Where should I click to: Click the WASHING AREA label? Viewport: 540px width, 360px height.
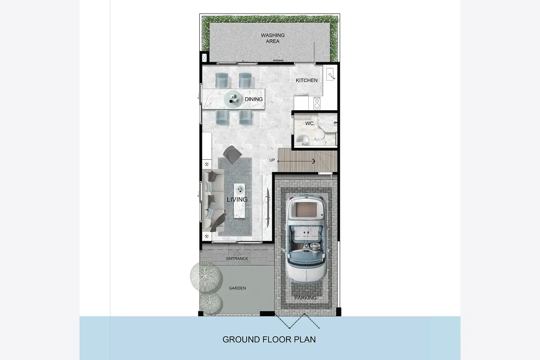pyautogui.click(x=273, y=38)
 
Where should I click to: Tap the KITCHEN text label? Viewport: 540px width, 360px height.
pyautogui.click(x=306, y=80)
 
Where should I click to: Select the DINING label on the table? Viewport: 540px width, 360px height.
pyautogui.click(x=254, y=99)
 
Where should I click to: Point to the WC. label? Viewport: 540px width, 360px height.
pyautogui.click(x=310, y=123)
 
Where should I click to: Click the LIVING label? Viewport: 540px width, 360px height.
pyautogui.click(x=237, y=199)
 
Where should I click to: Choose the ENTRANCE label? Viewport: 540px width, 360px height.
pyautogui.click(x=237, y=258)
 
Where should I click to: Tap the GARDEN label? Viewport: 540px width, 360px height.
pyautogui.click(x=237, y=288)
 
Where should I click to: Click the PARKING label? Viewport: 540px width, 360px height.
pyautogui.click(x=305, y=298)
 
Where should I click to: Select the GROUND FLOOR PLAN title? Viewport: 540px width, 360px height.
pyautogui.click(x=269, y=339)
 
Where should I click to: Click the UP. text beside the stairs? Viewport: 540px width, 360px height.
pyautogui.click(x=272, y=160)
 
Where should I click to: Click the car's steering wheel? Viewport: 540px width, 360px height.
pyautogui.click(x=315, y=247)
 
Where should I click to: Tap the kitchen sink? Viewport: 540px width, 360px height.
pyautogui.click(x=330, y=74)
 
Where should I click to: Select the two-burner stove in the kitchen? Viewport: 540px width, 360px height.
pyautogui.click(x=317, y=103)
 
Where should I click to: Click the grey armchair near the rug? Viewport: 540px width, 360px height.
pyautogui.click(x=232, y=154)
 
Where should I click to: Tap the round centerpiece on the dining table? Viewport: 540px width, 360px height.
pyautogui.click(x=233, y=99)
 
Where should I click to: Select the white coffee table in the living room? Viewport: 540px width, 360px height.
pyautogui.click(x=239, y=201)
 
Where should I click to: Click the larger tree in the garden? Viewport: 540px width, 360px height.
pyautogui.click(x=206, y=277)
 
